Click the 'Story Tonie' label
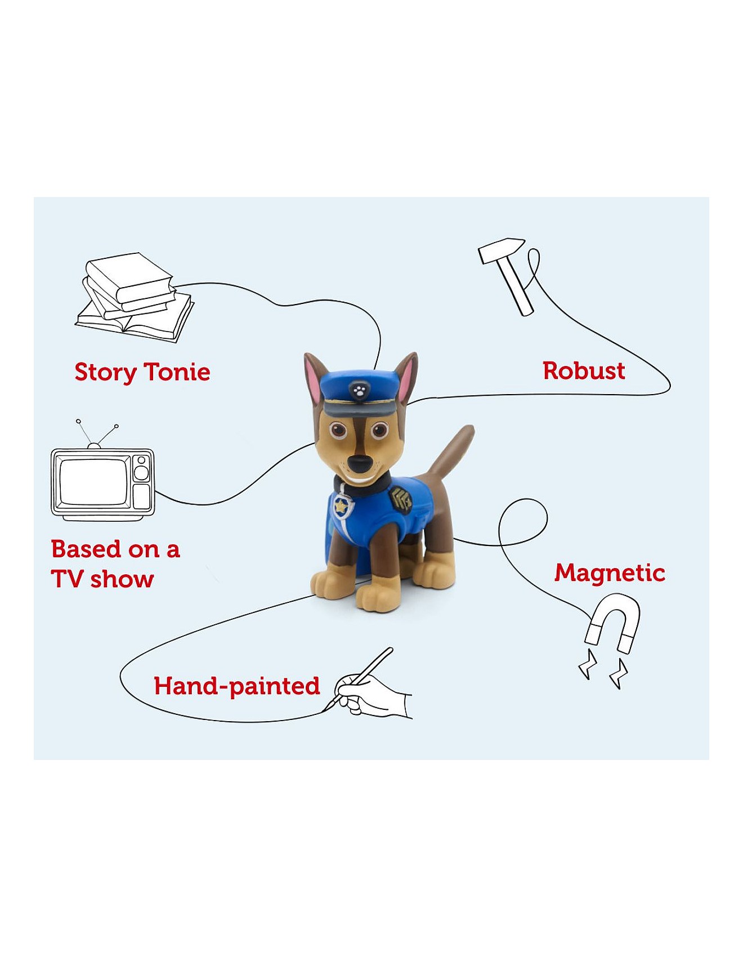[142, 373]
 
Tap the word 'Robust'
[584, 371]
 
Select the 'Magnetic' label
[610, 574]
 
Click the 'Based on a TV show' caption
[115, 564]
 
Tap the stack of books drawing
[135, 297]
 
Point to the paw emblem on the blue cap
[358, 388]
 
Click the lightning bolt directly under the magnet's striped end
[619, 674]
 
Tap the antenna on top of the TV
[96, 434]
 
